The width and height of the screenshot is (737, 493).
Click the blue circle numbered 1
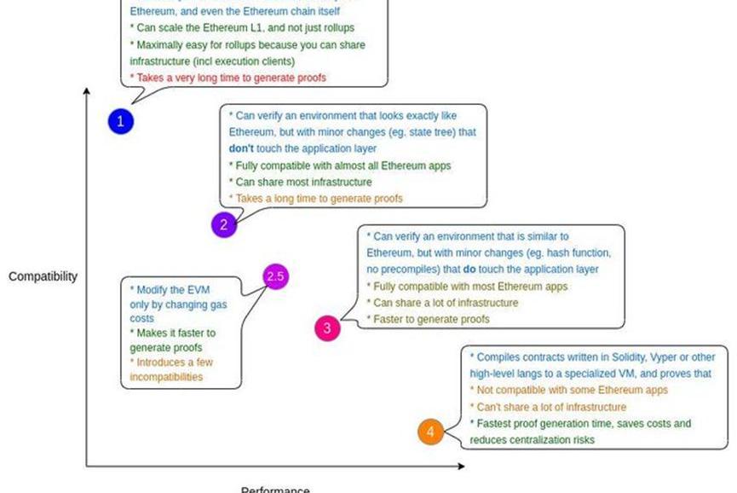coord(120,121)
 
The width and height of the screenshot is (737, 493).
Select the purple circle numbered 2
coord(223,225)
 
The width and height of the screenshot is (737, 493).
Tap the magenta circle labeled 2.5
coord(276,276)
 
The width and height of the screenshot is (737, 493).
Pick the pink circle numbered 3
coord(327,328)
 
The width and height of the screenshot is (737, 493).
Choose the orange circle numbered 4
coord(430,432)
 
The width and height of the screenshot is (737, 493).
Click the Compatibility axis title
coord(43,276)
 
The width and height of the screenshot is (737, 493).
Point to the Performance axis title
coord(275,489)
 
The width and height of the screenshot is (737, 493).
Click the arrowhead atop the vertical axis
coord(87,91)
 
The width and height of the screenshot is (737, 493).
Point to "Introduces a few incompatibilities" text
coord(170,368)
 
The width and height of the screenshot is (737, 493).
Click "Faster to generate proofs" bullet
coord(428,319)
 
